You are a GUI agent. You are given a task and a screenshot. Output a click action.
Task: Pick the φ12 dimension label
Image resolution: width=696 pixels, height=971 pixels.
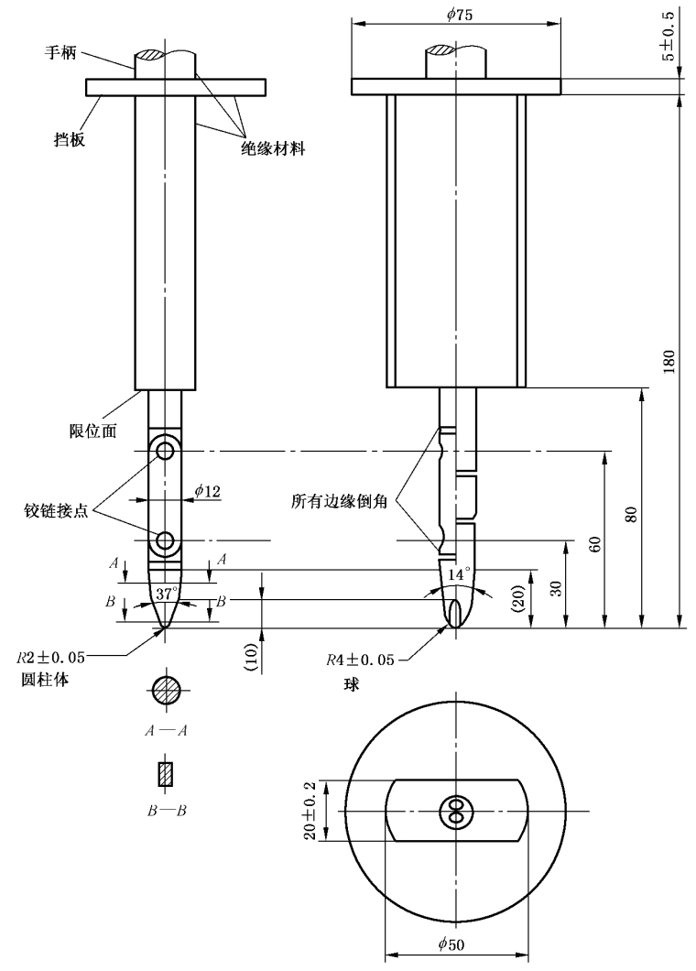coord(207,492)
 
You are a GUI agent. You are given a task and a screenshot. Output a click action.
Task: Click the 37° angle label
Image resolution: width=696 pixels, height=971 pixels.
coord(166,594)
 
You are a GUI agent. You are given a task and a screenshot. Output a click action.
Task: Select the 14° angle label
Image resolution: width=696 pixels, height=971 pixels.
coord(459,573)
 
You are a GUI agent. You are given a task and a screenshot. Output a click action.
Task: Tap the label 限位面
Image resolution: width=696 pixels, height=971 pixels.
coord(93,431)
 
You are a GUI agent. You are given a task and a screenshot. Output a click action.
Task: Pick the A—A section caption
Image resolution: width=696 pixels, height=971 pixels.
coord(166,730)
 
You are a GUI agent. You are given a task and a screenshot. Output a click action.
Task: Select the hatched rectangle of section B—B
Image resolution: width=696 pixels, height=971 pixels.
coord(166,774)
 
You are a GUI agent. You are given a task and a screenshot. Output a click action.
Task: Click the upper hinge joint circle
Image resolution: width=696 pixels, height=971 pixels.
coord(165,451)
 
